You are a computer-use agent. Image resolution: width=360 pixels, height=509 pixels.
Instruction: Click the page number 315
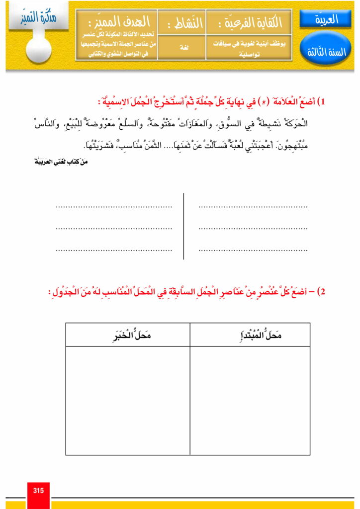(x=38, y=491)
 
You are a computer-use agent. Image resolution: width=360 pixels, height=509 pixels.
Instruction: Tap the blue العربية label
(x=326, y=19)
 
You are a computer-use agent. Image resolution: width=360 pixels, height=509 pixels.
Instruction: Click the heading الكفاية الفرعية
(x=249, y=23)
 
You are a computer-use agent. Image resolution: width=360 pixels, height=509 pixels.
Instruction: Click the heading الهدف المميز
(x=116, y=22)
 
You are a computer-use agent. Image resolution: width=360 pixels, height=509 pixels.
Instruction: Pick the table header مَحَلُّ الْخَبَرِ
(x=128, y=336)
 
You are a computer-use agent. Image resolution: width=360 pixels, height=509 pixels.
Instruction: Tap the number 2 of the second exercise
(x=321, y=291)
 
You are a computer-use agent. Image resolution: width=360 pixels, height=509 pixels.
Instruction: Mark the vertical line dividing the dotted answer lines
(x=183, y=226)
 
